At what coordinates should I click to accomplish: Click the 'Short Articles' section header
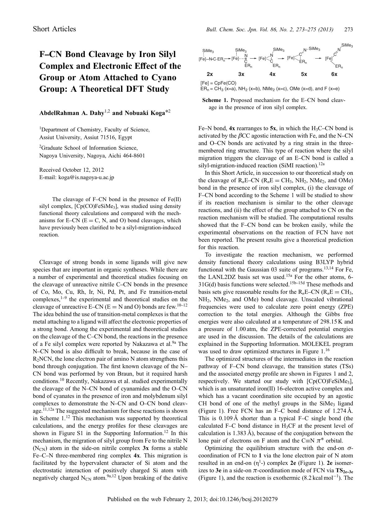[x=54, y=29]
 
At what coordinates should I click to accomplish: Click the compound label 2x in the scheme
[x=210, y=74]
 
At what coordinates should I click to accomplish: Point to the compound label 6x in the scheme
[x=334, y=74]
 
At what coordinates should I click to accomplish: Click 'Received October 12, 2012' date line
[x=71, y=170]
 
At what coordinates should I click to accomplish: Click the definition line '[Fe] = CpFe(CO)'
[x=218, y=83]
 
